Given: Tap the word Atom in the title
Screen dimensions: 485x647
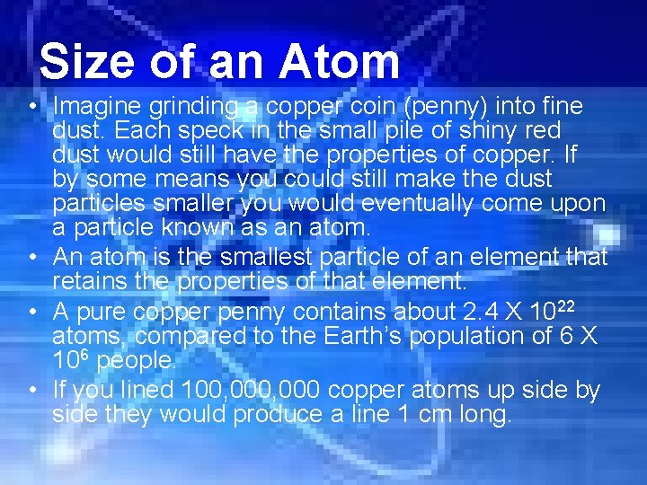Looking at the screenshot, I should (x=339, y=63).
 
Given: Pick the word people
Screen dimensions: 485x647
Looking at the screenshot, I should (x=137, y=361).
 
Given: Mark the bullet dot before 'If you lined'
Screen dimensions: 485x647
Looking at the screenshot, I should (x=31, y=391).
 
